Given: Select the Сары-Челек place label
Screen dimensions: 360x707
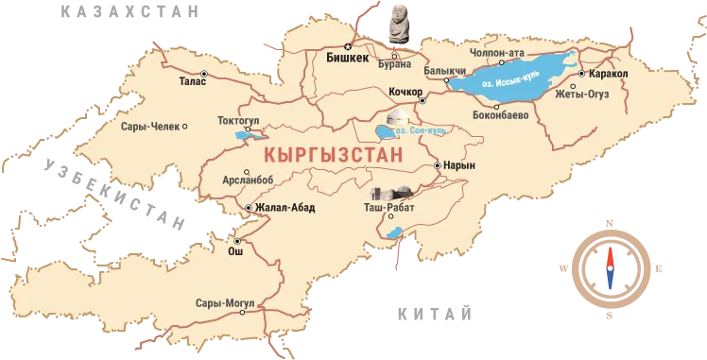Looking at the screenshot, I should point(150,126).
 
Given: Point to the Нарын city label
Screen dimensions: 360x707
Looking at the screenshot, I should point(458,165).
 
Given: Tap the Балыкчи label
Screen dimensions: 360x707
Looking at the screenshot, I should point(445,71).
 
